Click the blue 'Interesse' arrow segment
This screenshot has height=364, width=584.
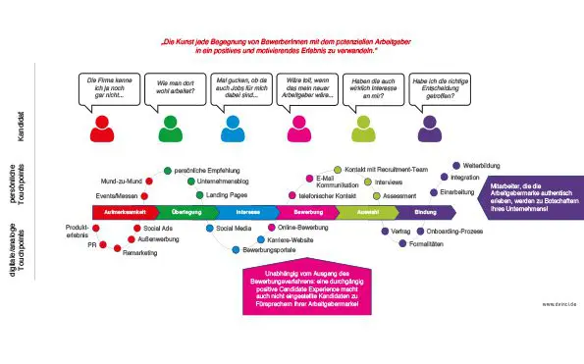247,211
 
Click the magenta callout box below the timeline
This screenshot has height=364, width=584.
300,289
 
